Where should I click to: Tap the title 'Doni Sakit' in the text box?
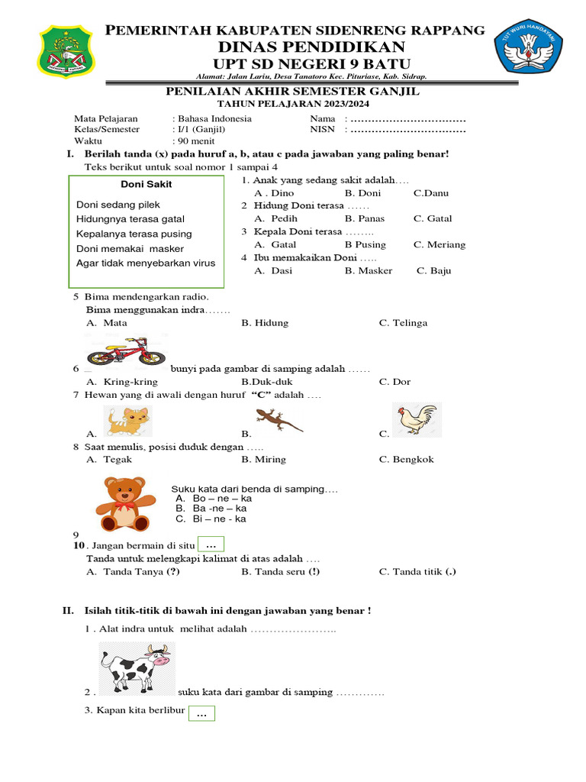point(146,184)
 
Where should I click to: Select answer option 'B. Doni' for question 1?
point(362,193)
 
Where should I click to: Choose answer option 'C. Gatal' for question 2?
point(433,218)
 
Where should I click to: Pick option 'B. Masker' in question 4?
point(368,270)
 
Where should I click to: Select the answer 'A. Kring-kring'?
point(122,382)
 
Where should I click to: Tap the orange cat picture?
point(127,421)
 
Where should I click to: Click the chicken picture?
point(417,420)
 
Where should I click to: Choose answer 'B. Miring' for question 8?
point(263,460)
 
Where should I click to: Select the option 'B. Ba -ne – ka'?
point(211,509)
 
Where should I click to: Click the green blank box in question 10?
point(211,544)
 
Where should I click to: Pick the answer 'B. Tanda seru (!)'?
point(280,571)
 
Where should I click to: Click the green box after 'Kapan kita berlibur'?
point(201,713)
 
